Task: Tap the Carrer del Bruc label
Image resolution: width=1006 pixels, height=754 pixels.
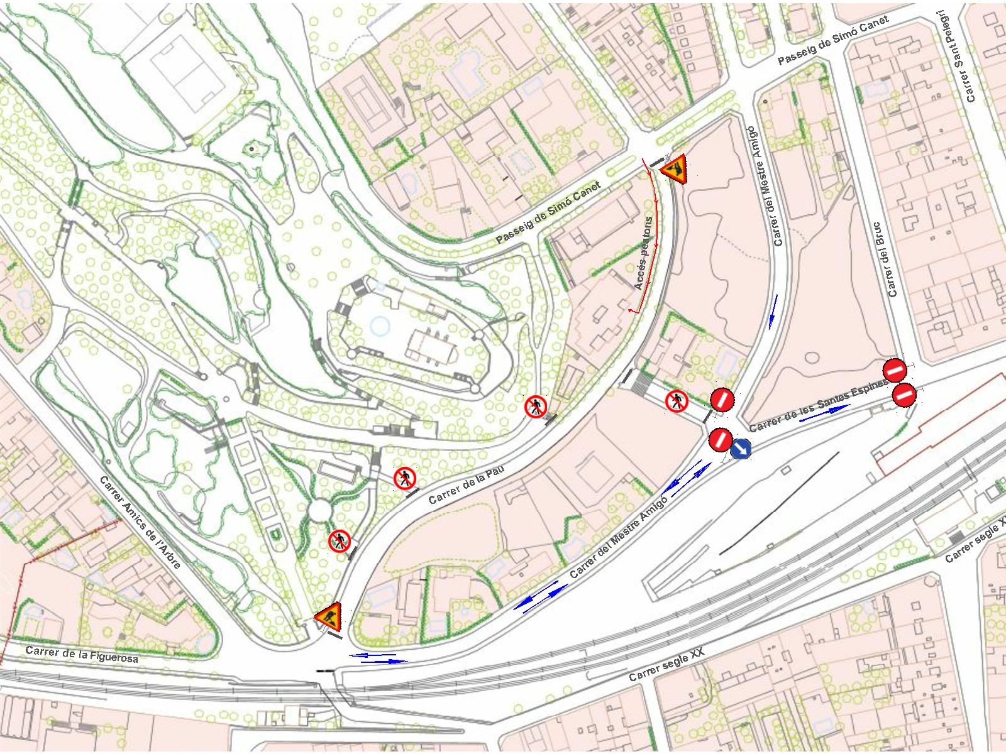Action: pyautogui.click(x=885, y=259)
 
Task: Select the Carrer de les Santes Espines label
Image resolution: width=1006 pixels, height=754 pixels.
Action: pyautogui.click(x=817, y=406)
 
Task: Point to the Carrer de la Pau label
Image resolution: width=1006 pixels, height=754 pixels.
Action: pyautogui.click(x=467, y=484)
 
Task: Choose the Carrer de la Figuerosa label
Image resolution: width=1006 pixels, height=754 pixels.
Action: pyautogui.click(x=82, y=654)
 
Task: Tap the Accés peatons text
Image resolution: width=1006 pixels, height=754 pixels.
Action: pyautogui.click(x=643, y=253)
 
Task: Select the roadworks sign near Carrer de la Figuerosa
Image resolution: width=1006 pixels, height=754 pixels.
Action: pyautogui.click(x=328, y=617)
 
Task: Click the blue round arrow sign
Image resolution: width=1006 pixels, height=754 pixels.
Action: pyautogui.click(x=741, y=449)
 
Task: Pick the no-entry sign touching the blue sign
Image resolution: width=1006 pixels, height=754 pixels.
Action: pyautogui.click(x=721, y=439)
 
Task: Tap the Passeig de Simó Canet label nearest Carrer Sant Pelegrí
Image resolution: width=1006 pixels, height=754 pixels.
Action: pyautogui.click(x=833, y=41)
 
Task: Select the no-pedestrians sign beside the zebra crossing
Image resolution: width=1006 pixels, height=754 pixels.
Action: pyautogui.click(x=677, y=400)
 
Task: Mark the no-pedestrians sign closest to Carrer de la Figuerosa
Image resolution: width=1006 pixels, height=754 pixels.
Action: pyautogui.click(x=339, y=540)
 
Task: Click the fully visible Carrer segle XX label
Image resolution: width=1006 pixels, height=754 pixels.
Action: pyautogui.click(x=666, y=665)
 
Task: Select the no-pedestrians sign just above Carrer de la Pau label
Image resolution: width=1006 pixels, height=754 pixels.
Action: pyautogui.click(x=405, y=479)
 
